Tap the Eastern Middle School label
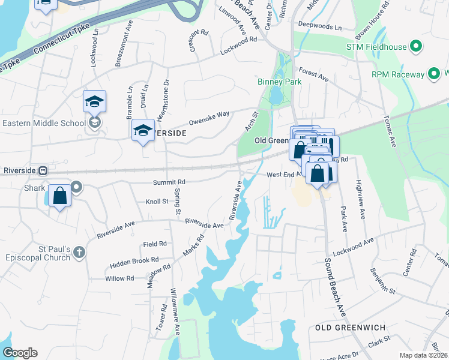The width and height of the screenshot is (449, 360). [43, 124]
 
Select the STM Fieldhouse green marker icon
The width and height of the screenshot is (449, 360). [415, 46]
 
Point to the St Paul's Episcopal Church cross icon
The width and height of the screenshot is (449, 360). [79, 253]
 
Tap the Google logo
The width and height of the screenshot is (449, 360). [20, 353]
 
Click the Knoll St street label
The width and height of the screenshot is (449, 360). [157, 202]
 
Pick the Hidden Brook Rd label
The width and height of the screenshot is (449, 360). [134, 262]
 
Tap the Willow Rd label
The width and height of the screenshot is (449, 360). [119, 278]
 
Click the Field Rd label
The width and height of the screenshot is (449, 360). [154, 244]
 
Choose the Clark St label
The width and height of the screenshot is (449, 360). [379, 341]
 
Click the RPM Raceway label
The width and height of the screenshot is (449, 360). [397, 74]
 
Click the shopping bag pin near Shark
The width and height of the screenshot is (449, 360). [60, 197]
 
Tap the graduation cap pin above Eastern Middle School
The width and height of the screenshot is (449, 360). [94, 101]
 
